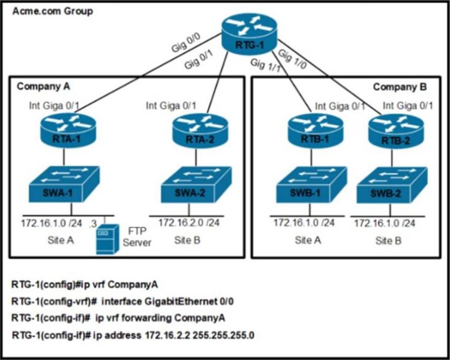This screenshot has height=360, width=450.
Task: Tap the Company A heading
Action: coord(40,86)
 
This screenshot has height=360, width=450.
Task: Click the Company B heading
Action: coord(400,86)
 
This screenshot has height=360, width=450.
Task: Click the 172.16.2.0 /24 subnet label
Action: coord(189,223)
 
